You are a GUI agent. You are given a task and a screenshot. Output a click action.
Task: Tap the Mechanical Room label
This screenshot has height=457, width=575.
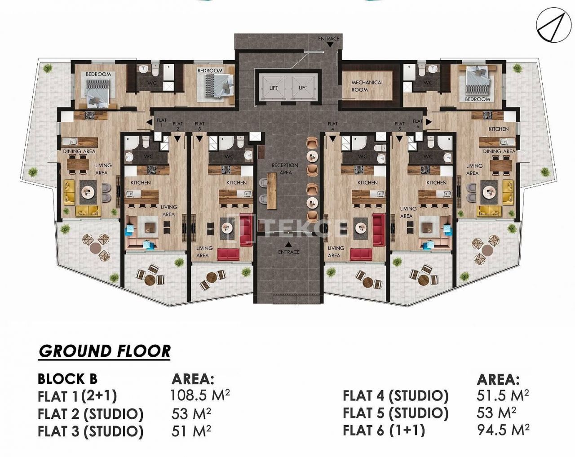point(367,86)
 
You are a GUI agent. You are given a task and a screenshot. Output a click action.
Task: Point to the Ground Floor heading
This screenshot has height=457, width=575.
point(105,351)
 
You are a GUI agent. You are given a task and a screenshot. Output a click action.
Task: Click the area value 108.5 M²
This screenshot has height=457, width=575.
point(200,395)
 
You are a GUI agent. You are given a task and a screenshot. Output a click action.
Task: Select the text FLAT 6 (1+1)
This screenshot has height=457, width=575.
point(384,430)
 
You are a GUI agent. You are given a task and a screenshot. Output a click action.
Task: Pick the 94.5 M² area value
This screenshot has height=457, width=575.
point(503,429)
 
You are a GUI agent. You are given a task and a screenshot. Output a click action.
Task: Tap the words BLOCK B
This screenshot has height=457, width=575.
point(67,379)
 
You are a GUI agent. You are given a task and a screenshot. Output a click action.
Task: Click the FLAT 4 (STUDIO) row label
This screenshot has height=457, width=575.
point(395,396)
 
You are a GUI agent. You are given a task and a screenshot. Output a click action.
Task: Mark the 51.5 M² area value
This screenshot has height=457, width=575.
point(503,395)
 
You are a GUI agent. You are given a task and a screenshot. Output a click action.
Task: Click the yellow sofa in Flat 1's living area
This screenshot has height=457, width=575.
point(88,210)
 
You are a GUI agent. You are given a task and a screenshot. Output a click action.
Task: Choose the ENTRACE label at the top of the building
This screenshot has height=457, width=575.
point(329,39)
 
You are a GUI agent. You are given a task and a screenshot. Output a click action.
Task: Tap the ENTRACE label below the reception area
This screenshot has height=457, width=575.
point(288,252)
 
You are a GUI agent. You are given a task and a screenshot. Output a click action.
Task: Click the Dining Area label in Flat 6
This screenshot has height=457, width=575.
point(499,151)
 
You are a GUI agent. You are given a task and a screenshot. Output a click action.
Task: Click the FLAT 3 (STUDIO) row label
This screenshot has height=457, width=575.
point(91,431)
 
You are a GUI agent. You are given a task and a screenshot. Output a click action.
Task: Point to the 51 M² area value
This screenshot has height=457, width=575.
point(191,430)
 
